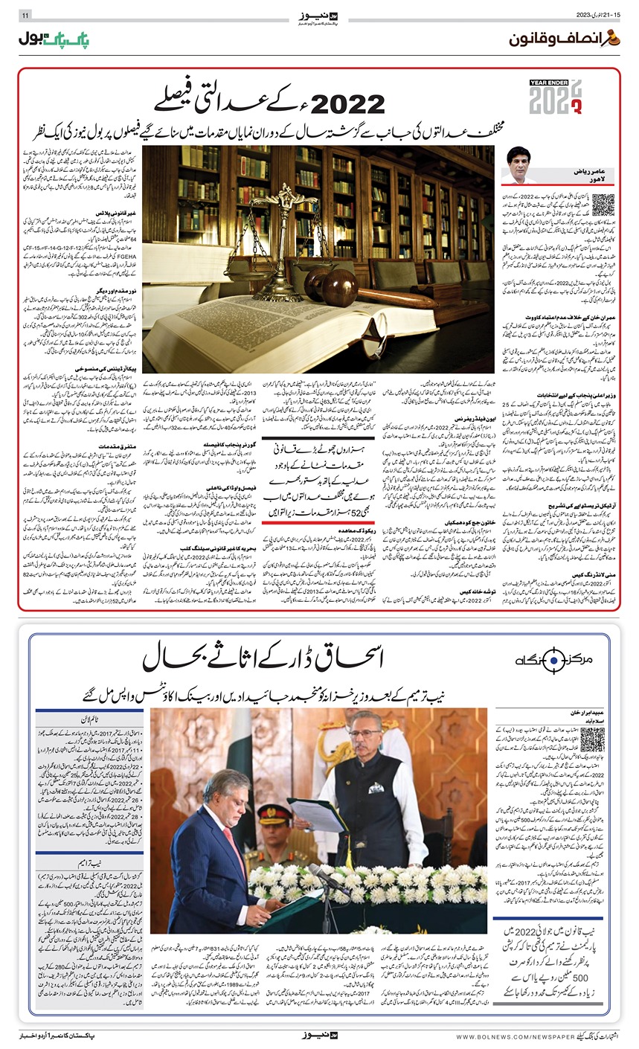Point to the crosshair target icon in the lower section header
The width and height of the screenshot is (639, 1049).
(x=537, y=661)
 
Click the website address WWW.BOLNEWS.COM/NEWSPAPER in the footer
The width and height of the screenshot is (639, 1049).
(x=513, y=1036)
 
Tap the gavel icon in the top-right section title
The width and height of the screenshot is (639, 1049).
(x=614, y=39)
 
